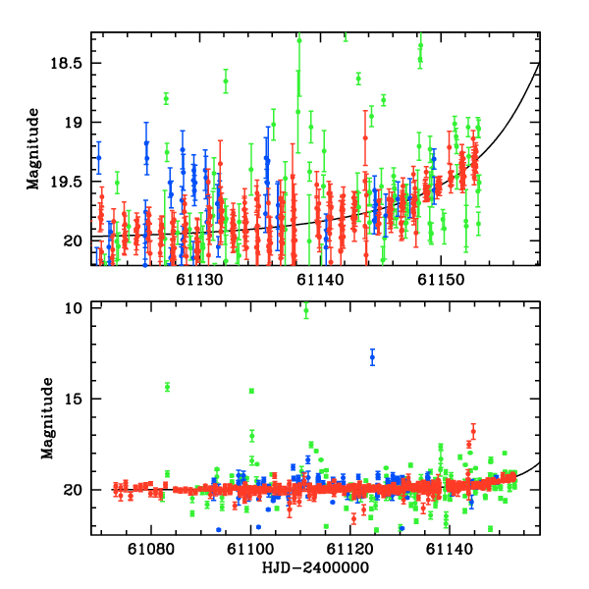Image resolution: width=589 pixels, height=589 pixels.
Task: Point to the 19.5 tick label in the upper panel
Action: [72, 182]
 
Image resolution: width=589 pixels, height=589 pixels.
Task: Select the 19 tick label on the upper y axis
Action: [78, 123]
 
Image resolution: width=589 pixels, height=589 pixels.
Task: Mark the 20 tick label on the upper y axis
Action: [78, 241]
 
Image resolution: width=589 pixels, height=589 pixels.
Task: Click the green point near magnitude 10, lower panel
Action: [306, 311]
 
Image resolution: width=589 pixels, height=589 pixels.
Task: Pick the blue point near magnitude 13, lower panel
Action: [372, 358]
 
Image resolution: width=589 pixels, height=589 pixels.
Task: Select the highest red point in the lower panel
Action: [473, 430]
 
